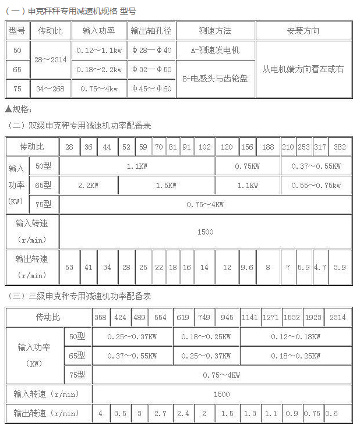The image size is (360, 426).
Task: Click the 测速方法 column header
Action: point(215,31)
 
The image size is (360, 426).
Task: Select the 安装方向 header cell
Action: point(303,31)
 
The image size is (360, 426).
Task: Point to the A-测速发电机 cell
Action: point(215,50)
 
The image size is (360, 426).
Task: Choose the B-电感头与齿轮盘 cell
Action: point(215,79)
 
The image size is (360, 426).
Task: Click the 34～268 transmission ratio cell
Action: point(50,89)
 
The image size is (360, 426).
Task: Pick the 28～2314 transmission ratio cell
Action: point(50,60)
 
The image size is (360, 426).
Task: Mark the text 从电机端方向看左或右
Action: point(303,69)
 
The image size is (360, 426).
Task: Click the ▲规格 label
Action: point(19,109)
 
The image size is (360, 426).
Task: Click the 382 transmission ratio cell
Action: point(340,147)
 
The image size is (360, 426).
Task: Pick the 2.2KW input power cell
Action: point(89,185)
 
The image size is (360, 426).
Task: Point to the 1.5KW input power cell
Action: point(167,185)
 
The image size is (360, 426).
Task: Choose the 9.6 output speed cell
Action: point(247,268)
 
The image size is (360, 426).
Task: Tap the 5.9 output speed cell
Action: point(303,268)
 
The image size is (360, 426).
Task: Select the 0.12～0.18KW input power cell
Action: point(295,336)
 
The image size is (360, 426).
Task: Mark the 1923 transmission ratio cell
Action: point(313,318)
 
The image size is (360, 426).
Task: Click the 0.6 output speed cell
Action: point(331,414)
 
